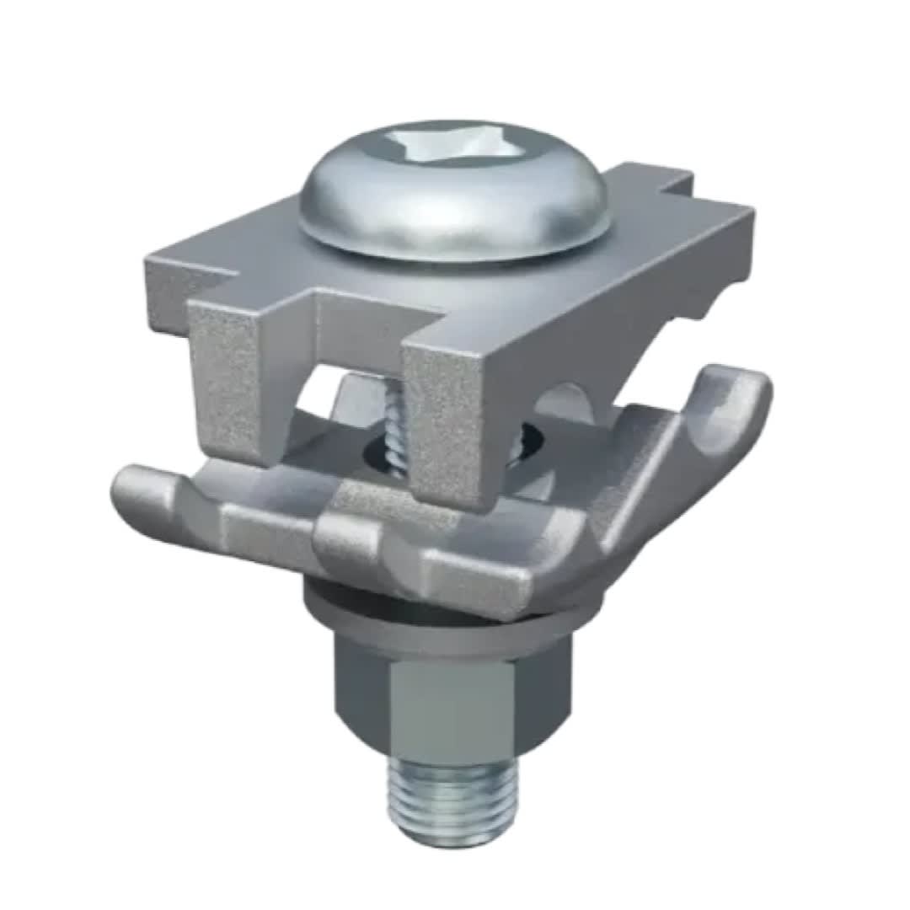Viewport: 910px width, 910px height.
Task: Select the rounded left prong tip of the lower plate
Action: point(135,489)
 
